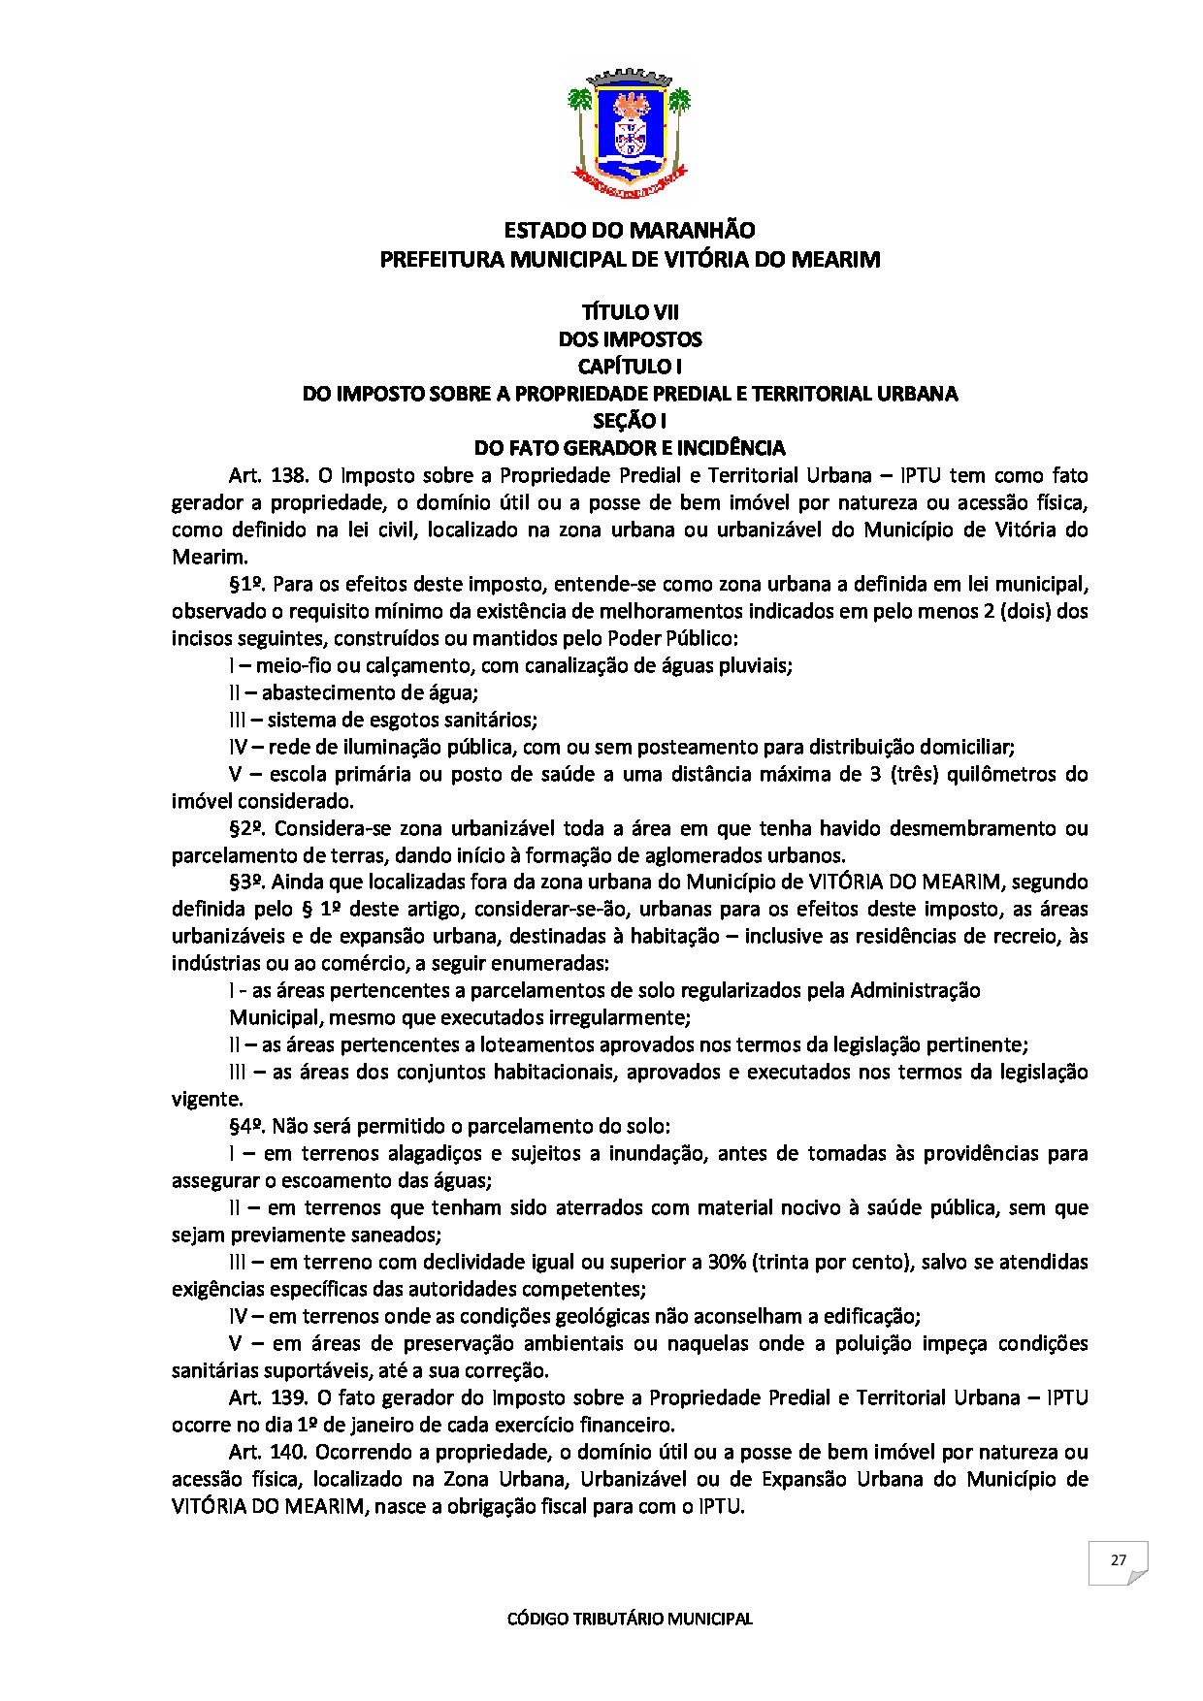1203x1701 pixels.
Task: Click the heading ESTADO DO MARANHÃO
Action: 629,231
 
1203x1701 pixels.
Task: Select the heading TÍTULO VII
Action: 630,312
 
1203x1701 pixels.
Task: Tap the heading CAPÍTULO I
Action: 630,367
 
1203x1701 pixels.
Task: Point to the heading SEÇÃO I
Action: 630,421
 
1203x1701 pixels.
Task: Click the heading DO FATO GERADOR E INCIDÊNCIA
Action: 629,448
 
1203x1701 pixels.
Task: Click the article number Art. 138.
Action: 268,475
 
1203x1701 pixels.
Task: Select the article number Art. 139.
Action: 268,1397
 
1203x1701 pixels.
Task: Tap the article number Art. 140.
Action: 268,1452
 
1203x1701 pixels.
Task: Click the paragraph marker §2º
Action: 247,828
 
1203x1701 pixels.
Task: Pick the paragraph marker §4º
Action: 247,1126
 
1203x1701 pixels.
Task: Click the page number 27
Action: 1118,1560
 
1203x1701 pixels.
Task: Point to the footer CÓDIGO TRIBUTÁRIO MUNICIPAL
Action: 630,1619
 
